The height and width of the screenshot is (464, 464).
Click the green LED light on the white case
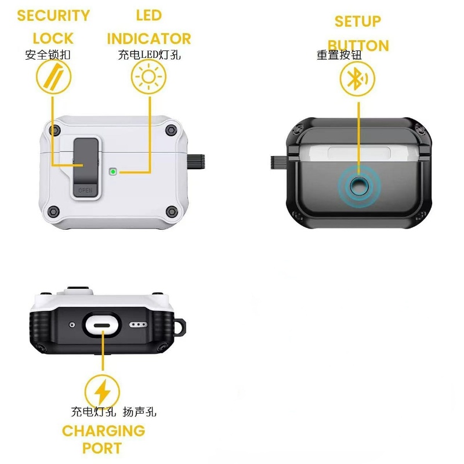coord(113,172)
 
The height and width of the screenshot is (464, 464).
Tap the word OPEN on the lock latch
coord(85,190)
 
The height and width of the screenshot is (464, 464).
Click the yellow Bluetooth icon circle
coord(357,79)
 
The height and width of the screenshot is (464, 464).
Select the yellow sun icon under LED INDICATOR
coord(148,78)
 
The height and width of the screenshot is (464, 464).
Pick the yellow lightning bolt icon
coord(102,391)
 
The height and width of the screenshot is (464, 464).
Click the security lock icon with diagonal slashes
coord(53,78)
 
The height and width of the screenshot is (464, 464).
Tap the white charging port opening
coord(102,326)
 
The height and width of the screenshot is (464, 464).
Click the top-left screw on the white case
coord(56,129)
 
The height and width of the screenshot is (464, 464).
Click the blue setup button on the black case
coord(358,186)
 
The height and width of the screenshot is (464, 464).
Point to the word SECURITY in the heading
coord(53,16)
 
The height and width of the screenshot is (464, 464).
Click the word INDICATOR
coord(148,39)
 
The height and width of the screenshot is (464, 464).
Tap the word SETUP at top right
coord(358,21)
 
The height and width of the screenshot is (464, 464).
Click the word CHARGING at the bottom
coord(103,431)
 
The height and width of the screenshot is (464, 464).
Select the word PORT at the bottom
coord(102,448)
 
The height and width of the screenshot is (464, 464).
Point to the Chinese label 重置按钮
coord(339,56)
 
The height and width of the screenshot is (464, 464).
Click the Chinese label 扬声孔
coord(139,412)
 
